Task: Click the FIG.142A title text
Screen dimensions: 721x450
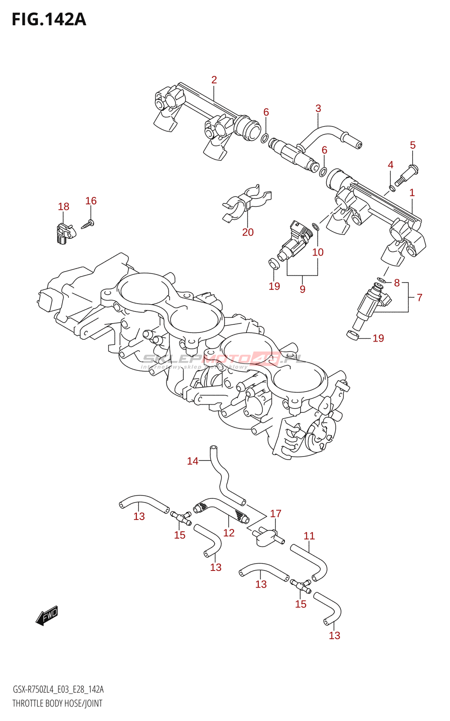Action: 49,19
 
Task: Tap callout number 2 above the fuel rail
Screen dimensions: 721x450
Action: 214,80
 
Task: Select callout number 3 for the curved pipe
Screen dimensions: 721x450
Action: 318,108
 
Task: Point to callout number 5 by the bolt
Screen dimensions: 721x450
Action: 413,145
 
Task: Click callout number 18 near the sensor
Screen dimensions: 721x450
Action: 63,206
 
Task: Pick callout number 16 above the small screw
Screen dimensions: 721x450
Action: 91,201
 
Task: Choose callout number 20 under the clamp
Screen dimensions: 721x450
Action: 248,232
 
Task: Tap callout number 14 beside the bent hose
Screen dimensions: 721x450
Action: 193,461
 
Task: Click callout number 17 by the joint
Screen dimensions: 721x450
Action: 276,513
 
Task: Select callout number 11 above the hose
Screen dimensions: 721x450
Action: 309,536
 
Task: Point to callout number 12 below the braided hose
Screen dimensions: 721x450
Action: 229,533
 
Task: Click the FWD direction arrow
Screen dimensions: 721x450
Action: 47,615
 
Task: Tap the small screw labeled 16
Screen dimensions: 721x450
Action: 87,224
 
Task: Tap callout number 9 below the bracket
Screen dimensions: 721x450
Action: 302,289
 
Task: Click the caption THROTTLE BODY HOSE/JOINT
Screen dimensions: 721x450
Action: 57,703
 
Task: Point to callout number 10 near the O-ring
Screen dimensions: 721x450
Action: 318,252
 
